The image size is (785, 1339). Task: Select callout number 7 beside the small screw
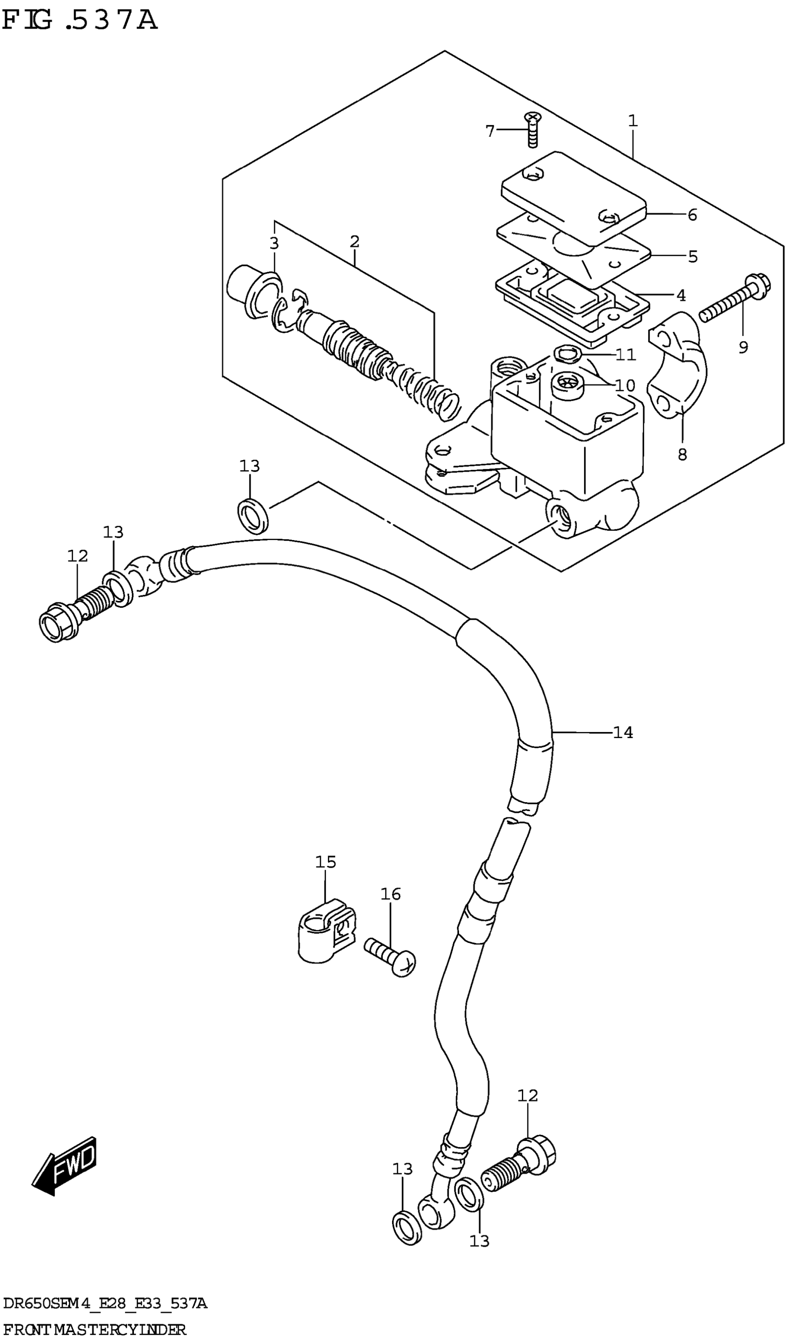click(x=490, y=130)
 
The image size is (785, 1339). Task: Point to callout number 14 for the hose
click(x=623, y=733)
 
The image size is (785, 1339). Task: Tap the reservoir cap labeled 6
click(x=574, y=199)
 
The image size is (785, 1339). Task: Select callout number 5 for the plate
click(x=693, y=257)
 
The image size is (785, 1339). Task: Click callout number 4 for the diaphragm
click(x=681, y=295)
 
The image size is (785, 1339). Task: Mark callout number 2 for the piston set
click(x=355, y=242)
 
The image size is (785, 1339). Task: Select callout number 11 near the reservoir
click(x=626, y=354)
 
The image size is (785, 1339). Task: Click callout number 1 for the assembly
click(x=632, y=121)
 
